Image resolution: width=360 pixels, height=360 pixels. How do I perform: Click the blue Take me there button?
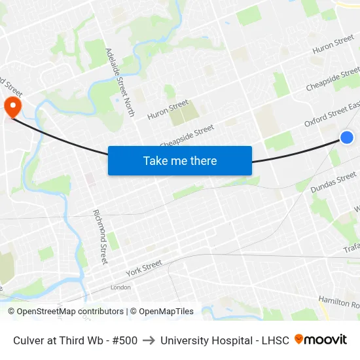(x=180, y=160)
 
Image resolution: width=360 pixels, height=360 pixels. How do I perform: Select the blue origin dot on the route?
(x=347, y=137)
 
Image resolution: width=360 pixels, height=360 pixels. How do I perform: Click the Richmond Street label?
(x=100, y=236)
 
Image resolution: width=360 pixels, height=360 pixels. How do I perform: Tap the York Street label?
(x=143, y=268)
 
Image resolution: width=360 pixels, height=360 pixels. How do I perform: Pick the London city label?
(x=120, y=287)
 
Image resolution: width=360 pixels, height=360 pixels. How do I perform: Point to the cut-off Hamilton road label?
(x=338, y=302)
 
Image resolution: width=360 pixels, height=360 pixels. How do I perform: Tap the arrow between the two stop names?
(x=149, y=340)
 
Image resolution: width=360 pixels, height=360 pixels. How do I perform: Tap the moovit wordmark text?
(x=325, y=340)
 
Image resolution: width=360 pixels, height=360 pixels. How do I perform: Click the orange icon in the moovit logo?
(x=299, y=339)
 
